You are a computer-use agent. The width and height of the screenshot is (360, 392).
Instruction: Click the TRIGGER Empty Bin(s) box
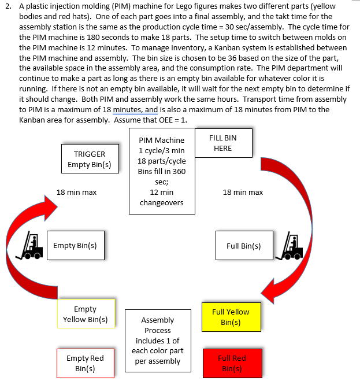(x=90, y=159)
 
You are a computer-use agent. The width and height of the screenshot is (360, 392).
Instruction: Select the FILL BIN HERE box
(x=222, y=143)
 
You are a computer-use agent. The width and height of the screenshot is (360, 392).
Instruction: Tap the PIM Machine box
(x=162, y=172)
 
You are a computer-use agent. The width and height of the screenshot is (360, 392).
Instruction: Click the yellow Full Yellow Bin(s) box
(x=231, y=317)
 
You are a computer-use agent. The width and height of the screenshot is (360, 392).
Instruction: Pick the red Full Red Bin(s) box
(x=232, y=363)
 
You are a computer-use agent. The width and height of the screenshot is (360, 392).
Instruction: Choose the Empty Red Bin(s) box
(x=85, y=363)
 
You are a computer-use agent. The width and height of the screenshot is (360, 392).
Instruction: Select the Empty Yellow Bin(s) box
(x=86, y=314)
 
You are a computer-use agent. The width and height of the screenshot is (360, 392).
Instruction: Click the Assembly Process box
(x=157, y=341)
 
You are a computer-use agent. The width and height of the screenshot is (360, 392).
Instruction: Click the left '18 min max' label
(x=76, y=192)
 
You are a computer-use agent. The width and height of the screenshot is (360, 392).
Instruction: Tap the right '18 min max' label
(x=243, y=192)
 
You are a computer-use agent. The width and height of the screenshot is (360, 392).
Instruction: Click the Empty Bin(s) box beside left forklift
(x=75, y=246)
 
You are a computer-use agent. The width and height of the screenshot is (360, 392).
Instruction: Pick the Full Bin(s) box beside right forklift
(x=243, y=246)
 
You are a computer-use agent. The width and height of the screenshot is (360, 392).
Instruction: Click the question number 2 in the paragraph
(x=8, y=6)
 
